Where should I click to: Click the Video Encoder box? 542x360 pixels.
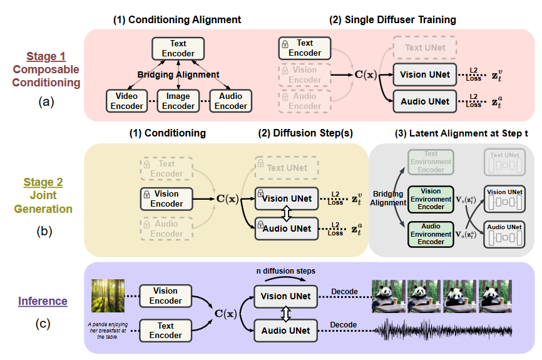point(127,101)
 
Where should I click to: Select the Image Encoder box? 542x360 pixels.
point(178,101)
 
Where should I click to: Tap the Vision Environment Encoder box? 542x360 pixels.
point(431,199)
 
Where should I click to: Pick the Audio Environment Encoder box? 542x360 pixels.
point(431,234)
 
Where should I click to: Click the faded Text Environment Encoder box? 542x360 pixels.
point(431,162)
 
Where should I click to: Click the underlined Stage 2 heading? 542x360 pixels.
point(43,183)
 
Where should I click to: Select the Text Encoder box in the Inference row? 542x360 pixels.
point(166,331)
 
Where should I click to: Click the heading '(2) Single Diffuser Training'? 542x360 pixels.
point(392,20)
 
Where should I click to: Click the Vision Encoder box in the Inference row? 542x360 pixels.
point(166,296)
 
